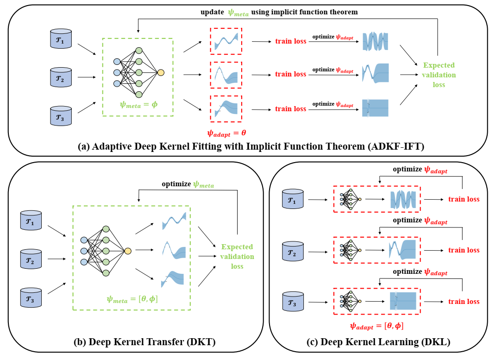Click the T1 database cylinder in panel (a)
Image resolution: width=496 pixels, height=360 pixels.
tap(61, 38)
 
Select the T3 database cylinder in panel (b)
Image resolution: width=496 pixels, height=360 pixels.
tap(31, 297)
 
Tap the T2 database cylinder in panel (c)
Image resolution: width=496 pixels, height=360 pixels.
tap(293, 252)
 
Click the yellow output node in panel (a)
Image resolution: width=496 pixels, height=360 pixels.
tap(161, 73)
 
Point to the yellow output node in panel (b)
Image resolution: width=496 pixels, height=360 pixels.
tap(128, 251)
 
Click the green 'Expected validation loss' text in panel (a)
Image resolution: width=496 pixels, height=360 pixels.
tap(439, 75)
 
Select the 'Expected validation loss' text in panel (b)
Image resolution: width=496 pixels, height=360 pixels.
tap(237, 257)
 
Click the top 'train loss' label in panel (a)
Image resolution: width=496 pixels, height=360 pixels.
tap(291, 41)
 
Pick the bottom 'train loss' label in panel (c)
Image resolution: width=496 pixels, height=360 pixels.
tap(464, 302)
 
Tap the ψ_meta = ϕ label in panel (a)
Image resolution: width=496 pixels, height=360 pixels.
tap(138, 105)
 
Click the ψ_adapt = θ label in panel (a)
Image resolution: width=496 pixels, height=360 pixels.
tap(226, 133)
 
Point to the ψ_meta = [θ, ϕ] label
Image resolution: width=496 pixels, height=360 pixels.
tap(132, 299)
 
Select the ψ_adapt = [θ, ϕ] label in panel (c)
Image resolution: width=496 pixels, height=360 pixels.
tap(377, 326)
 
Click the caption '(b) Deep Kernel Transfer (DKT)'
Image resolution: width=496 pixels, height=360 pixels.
tap(144, 342)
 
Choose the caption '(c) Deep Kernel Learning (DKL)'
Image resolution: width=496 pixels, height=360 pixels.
tap(378, 342)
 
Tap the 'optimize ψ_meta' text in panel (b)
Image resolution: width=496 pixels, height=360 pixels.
tap(188, 184)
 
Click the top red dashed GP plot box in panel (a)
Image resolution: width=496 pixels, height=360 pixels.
tap(226, 41)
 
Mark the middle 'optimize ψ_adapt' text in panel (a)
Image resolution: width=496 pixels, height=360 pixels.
tap(333, 70)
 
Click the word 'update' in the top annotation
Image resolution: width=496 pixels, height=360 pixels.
tap(212, 12)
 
